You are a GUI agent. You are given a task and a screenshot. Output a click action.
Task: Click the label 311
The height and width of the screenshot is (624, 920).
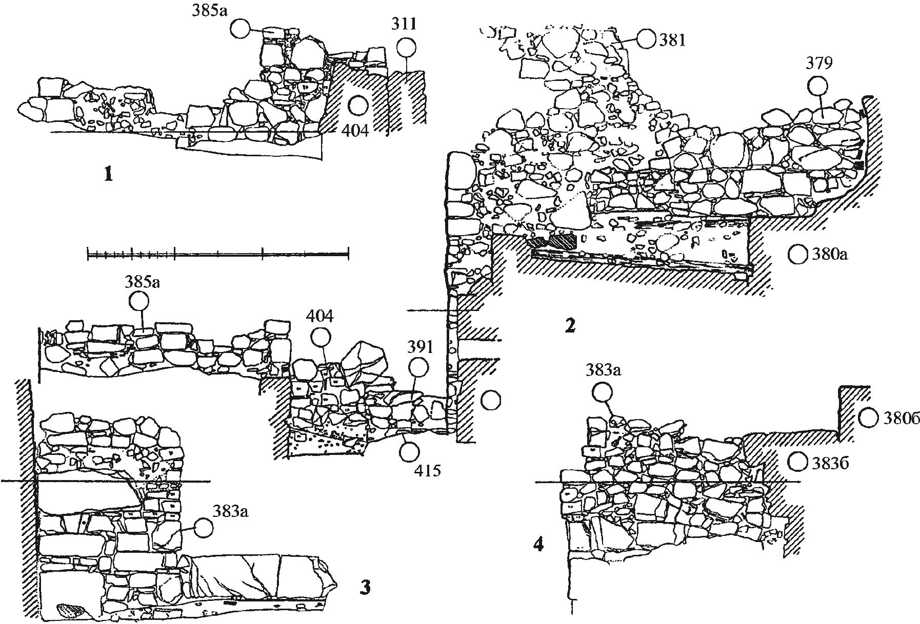[x=404, y=24]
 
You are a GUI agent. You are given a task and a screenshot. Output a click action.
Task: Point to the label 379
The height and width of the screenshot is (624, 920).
[x=819, y=64]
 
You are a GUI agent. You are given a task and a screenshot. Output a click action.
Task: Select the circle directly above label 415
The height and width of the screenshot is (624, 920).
[x=410, y=451]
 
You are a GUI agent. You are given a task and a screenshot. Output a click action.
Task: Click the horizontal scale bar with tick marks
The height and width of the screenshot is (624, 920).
[x=218, y=253]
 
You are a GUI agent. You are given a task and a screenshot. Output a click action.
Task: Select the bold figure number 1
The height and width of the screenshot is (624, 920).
[x=107, y=176]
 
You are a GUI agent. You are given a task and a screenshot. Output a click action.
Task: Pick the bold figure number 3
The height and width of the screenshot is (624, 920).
[x=365, y=587]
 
